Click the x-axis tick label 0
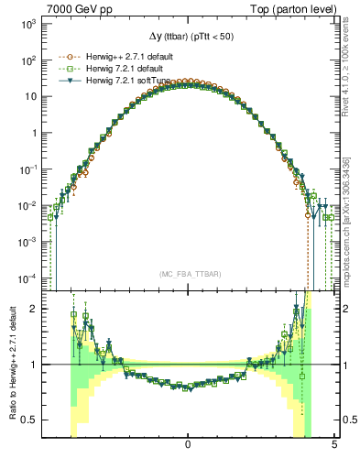(188, 444)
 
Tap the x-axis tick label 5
(334, 444)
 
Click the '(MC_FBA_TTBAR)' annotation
(188, 274)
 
